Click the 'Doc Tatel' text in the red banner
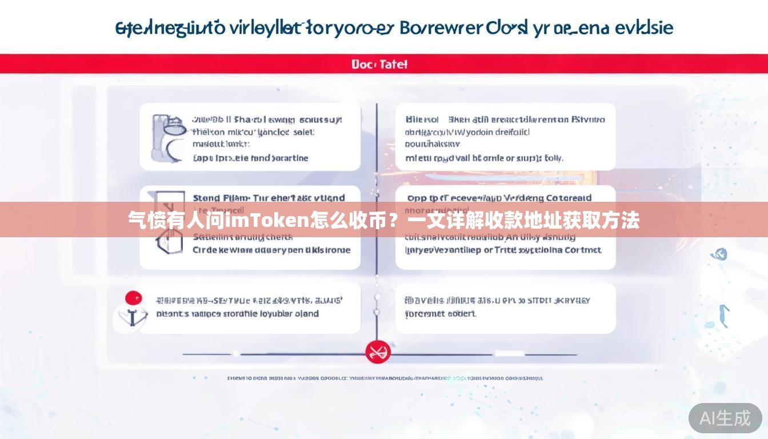pyautogui.click(x=379, y=64)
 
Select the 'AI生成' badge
pyautogui.click(x=725, y=418)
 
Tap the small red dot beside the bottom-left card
pyautogui.click(x=133, y=297)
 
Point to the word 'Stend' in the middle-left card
pyautogui.click(x=206, y=198)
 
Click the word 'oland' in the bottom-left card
pyautogui.click(x=307, y=314)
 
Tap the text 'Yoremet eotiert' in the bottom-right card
pyautogui.click(x=440, y=314)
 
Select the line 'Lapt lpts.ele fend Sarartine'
pyautogui.click(x=250, y=158)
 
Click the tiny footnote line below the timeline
pyautogui.click(x=385, y=378)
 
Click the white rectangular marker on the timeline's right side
pyautogui.click(x=514, y=353)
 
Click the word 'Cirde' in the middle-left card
pyautogui.click(x=205, y=250)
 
